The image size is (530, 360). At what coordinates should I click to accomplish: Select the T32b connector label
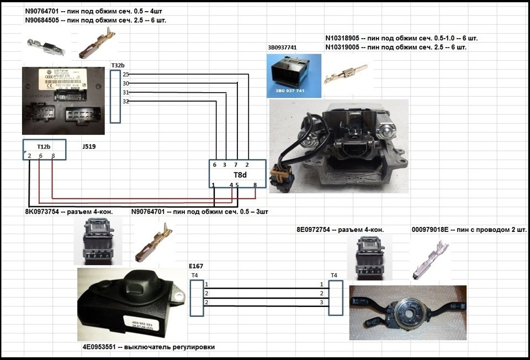[118, 66]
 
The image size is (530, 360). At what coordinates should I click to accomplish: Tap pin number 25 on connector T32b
[126, 74]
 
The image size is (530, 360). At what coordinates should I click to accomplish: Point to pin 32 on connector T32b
[126, 102]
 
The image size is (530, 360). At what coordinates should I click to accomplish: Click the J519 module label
[88, 147]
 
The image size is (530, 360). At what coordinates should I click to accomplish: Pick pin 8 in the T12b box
[52, 156]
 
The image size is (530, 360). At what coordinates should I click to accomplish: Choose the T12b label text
[44, 147]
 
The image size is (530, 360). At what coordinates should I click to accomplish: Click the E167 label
[196, 266]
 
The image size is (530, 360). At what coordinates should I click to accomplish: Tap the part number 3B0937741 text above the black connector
[282, 47]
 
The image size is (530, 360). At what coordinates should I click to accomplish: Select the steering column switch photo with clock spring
[408, 312]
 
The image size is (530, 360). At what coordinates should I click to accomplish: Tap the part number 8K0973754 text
[46, 211]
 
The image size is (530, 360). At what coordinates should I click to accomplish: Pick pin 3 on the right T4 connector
[321, 303]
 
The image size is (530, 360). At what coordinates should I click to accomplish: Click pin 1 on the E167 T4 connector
[206, 284]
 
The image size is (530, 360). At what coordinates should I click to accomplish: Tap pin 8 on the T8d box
[255, 184]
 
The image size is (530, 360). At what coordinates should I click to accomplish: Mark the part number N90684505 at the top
[47, 20]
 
